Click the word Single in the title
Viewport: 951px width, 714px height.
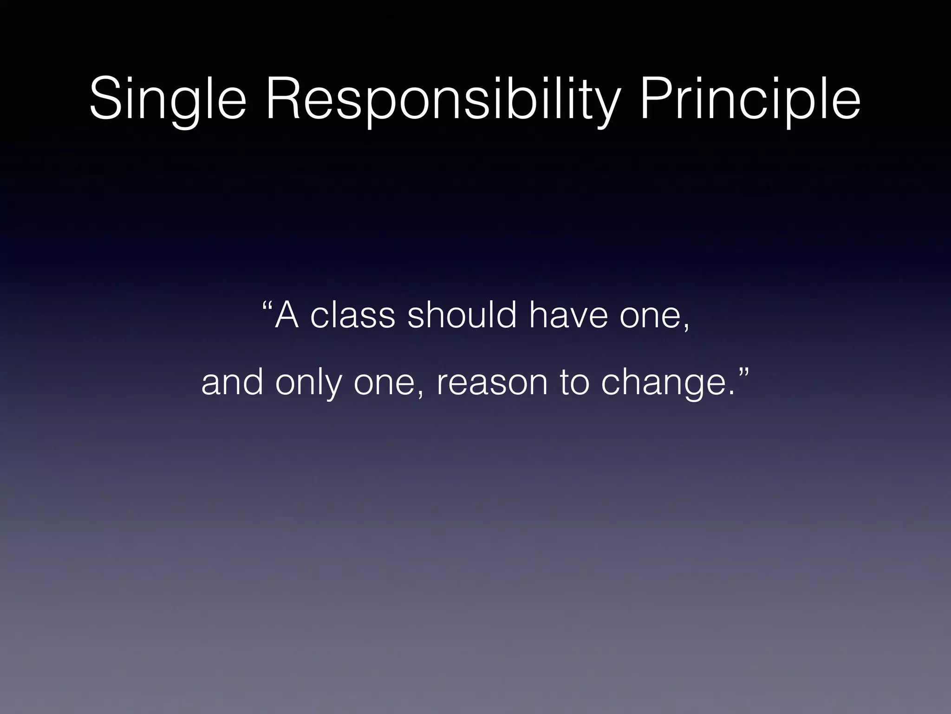click(167, 100)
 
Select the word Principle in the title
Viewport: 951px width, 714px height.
click(749, 100)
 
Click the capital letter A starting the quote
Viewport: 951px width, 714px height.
click(287, 316)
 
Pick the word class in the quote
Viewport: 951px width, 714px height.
click(352, 316)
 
